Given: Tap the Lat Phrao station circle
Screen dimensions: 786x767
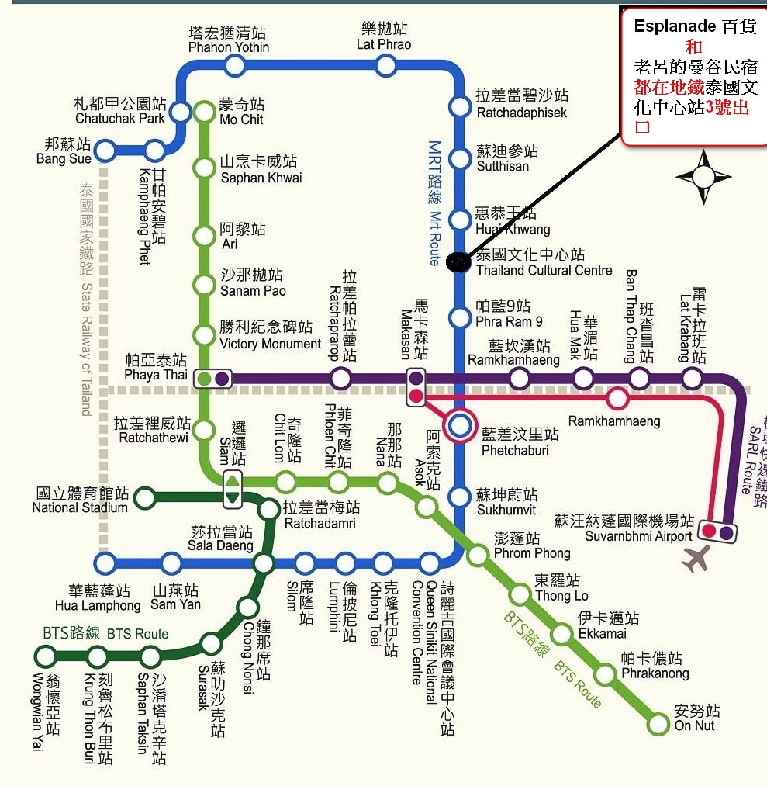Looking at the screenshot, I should point(386,65).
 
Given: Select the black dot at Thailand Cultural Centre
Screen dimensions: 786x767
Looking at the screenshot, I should point(459,262).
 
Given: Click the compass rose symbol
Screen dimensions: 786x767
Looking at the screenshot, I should point(703,177).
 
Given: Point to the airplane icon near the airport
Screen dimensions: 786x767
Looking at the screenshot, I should point(696,558).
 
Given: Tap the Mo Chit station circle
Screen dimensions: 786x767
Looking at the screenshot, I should point(204,112).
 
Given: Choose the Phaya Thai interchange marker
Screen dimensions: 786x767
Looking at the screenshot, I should point(213,379).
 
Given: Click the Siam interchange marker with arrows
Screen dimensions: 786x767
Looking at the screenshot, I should point(232,489).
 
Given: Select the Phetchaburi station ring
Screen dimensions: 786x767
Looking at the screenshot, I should point(461,424).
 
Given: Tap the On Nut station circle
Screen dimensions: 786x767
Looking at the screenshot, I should point(658,725).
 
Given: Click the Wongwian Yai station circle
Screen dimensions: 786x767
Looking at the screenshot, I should point(46,656).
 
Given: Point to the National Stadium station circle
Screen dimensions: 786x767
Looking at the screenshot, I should point(145,497).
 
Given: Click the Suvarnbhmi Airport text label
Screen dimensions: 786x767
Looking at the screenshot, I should point(638,536).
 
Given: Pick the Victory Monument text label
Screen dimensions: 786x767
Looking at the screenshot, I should point(270,344).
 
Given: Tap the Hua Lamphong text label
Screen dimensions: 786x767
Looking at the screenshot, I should point(98,605).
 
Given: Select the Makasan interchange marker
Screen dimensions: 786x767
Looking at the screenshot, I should point(416,387).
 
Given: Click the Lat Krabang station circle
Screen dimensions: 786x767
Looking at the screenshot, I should point(692,379).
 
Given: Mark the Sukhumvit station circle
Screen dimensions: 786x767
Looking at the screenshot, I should point(461,497).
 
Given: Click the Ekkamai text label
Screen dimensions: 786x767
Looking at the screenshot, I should point(601,633).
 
